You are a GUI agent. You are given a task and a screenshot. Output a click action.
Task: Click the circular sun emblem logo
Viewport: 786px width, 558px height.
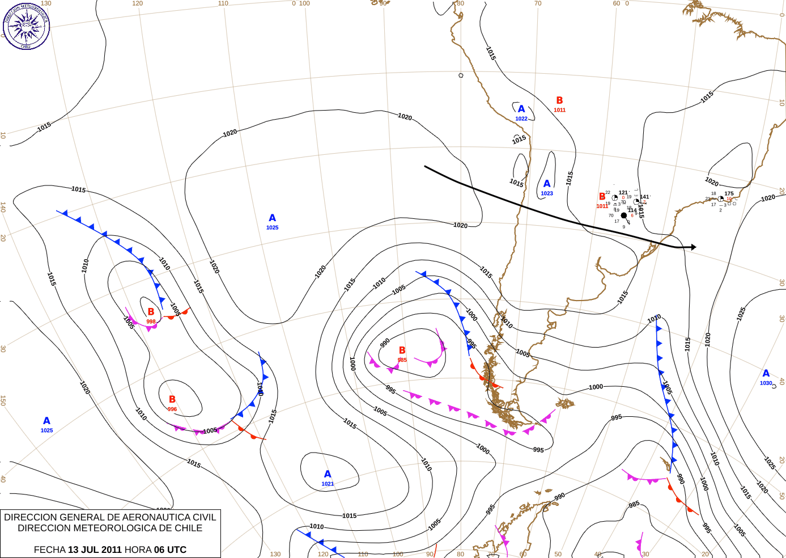26,26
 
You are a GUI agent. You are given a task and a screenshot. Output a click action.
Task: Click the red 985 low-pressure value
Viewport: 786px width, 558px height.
402,360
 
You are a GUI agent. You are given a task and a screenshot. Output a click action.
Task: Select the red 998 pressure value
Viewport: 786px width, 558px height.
151,322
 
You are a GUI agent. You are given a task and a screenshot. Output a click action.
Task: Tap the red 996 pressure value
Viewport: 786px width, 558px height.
172,409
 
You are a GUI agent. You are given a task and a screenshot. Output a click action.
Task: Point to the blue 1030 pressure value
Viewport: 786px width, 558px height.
766,383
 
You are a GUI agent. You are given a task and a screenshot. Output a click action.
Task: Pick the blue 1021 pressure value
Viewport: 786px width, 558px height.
328,484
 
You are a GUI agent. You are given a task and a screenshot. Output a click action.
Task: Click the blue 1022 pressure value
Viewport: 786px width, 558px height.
521,119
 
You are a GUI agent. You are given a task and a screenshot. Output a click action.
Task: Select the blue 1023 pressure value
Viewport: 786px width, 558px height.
547,193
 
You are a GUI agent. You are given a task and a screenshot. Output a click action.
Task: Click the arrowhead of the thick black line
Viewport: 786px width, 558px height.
693,247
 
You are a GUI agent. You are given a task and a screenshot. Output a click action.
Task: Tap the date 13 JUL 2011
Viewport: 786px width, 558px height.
95,549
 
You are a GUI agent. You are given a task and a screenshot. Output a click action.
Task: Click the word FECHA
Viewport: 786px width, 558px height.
49,549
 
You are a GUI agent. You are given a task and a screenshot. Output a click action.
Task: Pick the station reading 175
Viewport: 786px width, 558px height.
729,193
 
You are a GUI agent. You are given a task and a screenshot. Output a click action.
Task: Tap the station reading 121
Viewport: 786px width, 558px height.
623,193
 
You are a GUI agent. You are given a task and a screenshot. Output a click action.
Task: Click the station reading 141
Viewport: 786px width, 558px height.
644,197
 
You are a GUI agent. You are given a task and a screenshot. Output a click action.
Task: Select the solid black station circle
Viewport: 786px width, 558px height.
624,215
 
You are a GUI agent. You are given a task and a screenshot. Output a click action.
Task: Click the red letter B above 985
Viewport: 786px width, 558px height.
402,350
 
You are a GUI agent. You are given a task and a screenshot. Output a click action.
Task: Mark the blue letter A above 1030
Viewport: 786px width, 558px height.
766,373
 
